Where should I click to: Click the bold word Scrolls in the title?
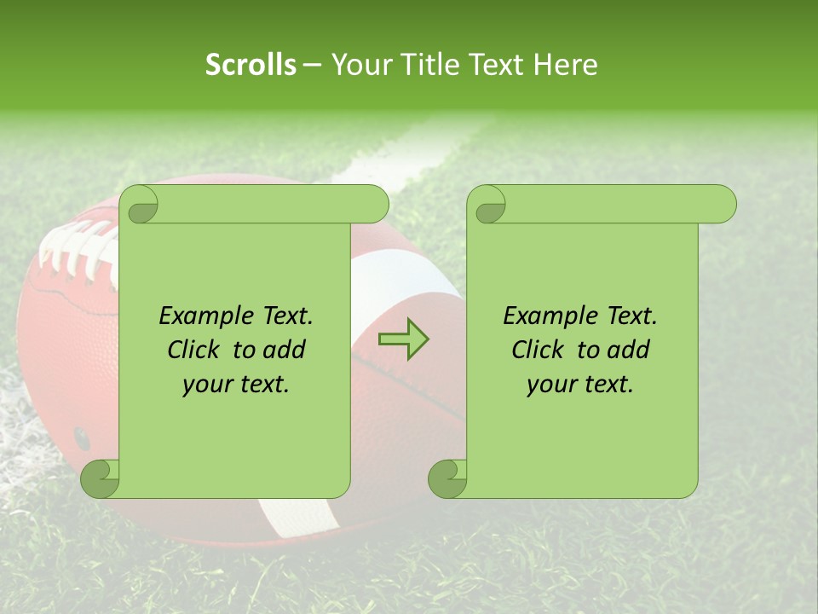[x=251, y=65]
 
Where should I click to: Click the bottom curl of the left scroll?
[x=101, y=478]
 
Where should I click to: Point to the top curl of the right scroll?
[x=488, y=206]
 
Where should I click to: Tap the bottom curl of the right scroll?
[x=448, y=478]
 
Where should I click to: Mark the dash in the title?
[x=312, y=65]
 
